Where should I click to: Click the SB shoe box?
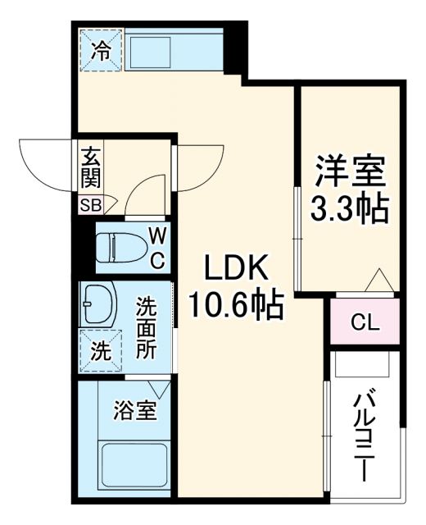click(89, 205)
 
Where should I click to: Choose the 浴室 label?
click(135, 409)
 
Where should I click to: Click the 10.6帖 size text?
click(236, 305)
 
